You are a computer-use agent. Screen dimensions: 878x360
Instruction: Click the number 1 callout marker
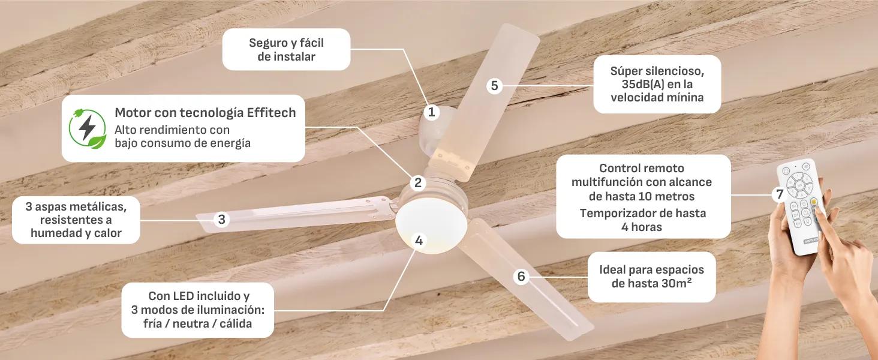click(x=432, y=113)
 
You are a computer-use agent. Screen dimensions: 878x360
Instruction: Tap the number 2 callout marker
click(x=418, y=183)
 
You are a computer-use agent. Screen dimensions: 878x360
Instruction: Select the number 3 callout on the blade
click(x=221, y=220)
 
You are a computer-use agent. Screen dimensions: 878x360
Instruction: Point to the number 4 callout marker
click(x=419, y=241)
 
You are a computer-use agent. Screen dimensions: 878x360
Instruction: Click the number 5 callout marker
click(x=494, y=85)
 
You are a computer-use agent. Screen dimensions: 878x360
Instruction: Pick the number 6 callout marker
click(x=521, y=277)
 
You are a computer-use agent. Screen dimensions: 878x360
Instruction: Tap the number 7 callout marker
click(x=780, y=194)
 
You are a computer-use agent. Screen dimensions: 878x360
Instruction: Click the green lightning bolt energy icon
click(x=88, y=128)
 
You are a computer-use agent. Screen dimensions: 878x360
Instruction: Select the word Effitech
click(x=271, y=113)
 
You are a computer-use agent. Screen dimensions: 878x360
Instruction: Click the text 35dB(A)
click(x=638, y=85)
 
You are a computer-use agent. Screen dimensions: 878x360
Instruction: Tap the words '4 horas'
click(x=642, y=227)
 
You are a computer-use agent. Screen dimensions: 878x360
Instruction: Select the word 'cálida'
click(x=236, y=323)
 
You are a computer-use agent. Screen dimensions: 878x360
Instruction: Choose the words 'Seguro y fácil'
click(x=286, y=43)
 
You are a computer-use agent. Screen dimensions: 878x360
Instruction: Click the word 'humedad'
click(x=54, y=233)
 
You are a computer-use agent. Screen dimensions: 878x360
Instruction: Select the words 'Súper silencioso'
click(x=657, y=71)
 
